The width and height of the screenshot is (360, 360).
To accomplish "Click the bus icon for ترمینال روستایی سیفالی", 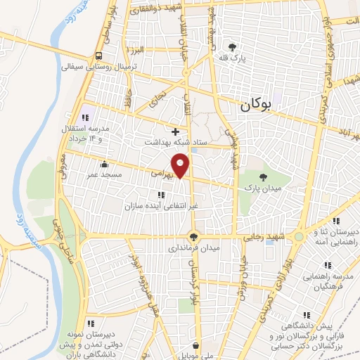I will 98,56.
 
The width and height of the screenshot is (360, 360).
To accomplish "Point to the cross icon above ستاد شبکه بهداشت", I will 176,131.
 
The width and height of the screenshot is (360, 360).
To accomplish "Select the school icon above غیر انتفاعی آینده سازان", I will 161,195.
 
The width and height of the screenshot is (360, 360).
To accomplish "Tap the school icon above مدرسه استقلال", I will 86,117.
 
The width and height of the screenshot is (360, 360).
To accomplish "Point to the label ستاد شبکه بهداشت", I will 190,142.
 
